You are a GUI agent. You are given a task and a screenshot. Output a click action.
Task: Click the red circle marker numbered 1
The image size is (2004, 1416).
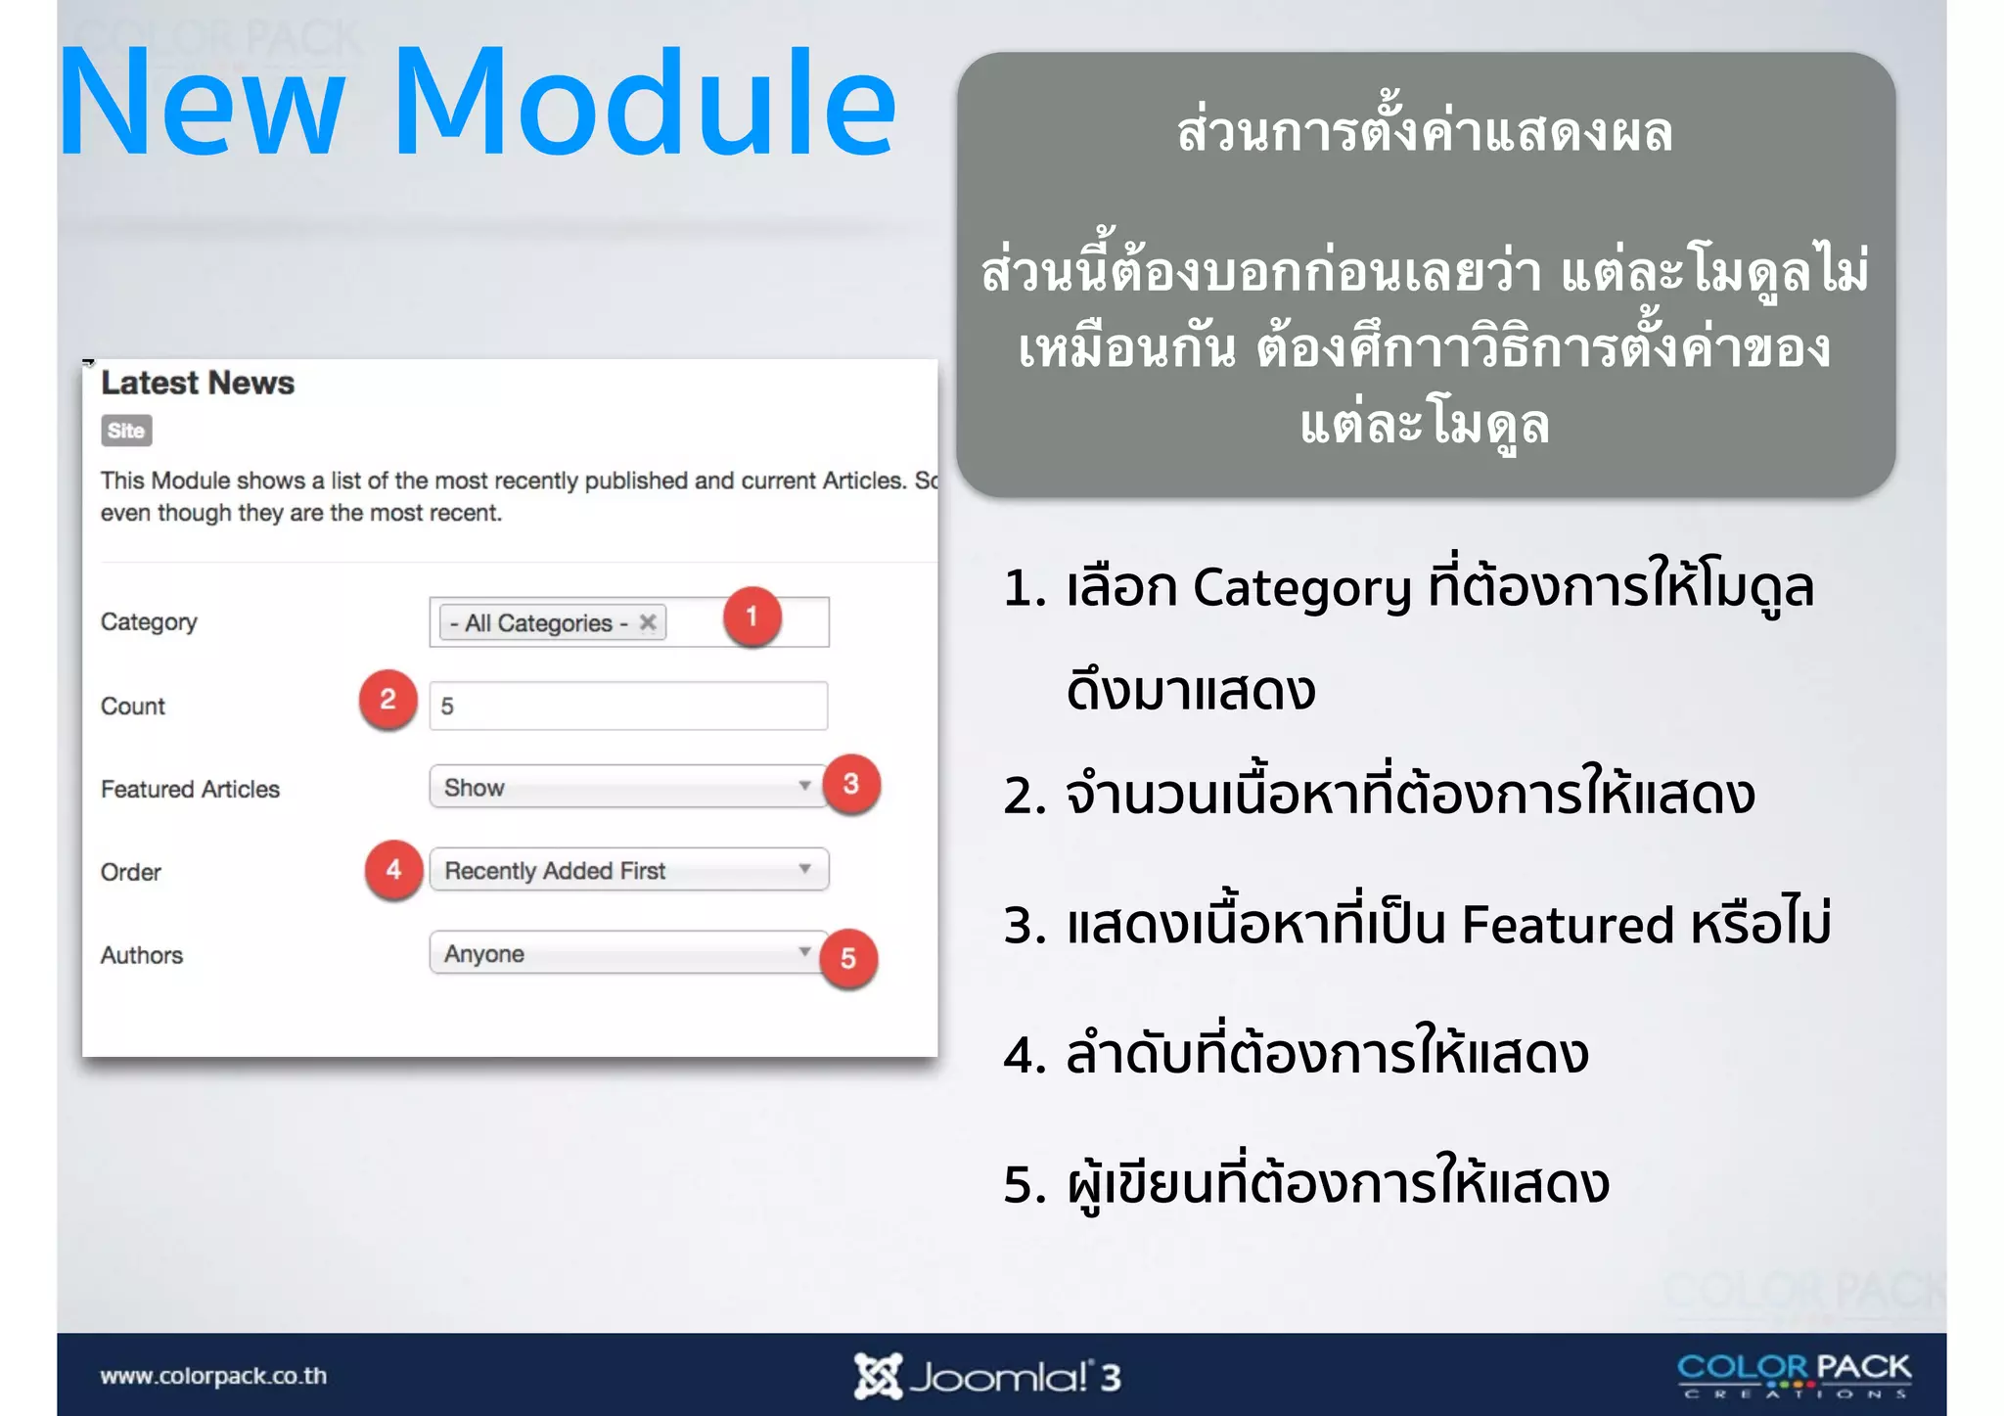[751, 617]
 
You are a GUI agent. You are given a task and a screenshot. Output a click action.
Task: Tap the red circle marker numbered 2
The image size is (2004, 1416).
[387, 700]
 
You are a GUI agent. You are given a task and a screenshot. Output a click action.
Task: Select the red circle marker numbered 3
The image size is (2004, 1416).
[851, 784]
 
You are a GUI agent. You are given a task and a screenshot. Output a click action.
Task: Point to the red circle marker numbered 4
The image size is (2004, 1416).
[393, 869]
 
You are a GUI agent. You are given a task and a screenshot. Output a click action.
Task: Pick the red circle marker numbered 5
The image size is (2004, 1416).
[847, 958]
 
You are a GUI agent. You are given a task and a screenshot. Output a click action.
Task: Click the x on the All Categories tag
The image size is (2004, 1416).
[648, 622]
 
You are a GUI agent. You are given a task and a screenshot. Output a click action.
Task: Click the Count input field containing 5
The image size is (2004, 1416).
[628, 706]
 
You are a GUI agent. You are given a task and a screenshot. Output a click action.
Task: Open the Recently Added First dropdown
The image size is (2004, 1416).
[628, 870]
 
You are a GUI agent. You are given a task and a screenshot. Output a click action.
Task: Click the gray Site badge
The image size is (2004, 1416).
[126, 431]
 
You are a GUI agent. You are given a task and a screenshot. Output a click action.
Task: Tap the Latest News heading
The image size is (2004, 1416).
[198, 383]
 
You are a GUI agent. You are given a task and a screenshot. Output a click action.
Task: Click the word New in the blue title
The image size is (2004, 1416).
[203, 104]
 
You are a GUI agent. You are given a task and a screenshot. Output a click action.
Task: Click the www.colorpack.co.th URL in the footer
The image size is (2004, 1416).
[213, 1376]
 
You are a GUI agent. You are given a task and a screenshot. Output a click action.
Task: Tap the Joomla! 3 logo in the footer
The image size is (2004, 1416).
[987, 1377]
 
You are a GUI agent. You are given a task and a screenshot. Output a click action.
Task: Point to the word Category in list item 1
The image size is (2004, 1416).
[1301, 588]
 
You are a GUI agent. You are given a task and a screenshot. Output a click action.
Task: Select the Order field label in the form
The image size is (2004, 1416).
[131, 872]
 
